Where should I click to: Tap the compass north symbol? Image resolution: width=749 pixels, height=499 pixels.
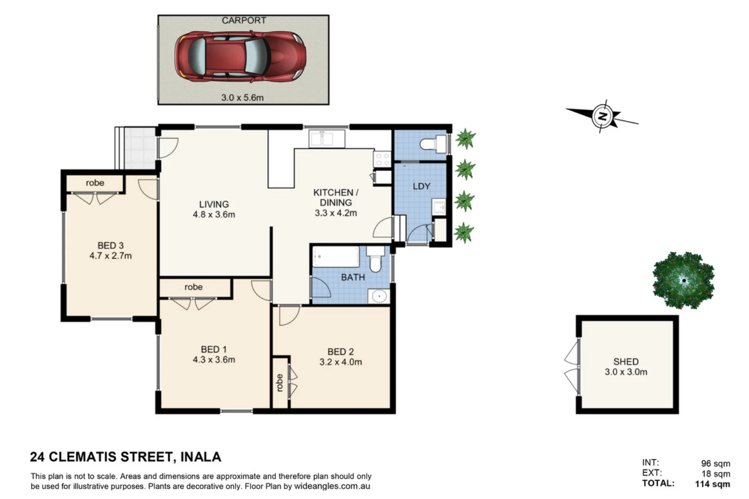click(604, 116)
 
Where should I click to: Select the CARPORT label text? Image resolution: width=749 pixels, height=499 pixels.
click(244, 20)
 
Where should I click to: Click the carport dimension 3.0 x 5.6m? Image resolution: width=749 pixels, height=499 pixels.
click(242, 97)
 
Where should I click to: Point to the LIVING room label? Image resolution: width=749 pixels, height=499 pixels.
click(214, 204)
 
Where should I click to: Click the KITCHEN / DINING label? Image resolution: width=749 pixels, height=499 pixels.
click(335, 197)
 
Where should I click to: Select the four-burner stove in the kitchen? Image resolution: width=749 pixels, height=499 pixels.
click(381, 159)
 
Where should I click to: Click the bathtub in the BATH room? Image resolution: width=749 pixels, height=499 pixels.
click(336, 256)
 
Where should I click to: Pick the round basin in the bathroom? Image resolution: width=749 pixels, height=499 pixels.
click(378, 296)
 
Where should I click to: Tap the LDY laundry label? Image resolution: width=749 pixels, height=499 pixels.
click(421, 186)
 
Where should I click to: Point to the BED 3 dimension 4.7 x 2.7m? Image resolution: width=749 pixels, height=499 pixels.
click(111, 256)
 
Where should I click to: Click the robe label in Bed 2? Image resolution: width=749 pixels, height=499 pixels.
click(279, 383)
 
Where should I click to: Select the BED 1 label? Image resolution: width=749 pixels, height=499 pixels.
click(214, 349)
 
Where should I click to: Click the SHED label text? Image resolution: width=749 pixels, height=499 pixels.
click(626, 362)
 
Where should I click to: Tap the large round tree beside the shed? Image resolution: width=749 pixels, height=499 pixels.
click(684, 280)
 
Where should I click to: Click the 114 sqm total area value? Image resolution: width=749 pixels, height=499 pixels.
click(712, 484)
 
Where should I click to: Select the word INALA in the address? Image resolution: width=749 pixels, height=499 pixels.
click(201, 457)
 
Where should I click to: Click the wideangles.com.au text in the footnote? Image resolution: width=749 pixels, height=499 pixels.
click(332, 486)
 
